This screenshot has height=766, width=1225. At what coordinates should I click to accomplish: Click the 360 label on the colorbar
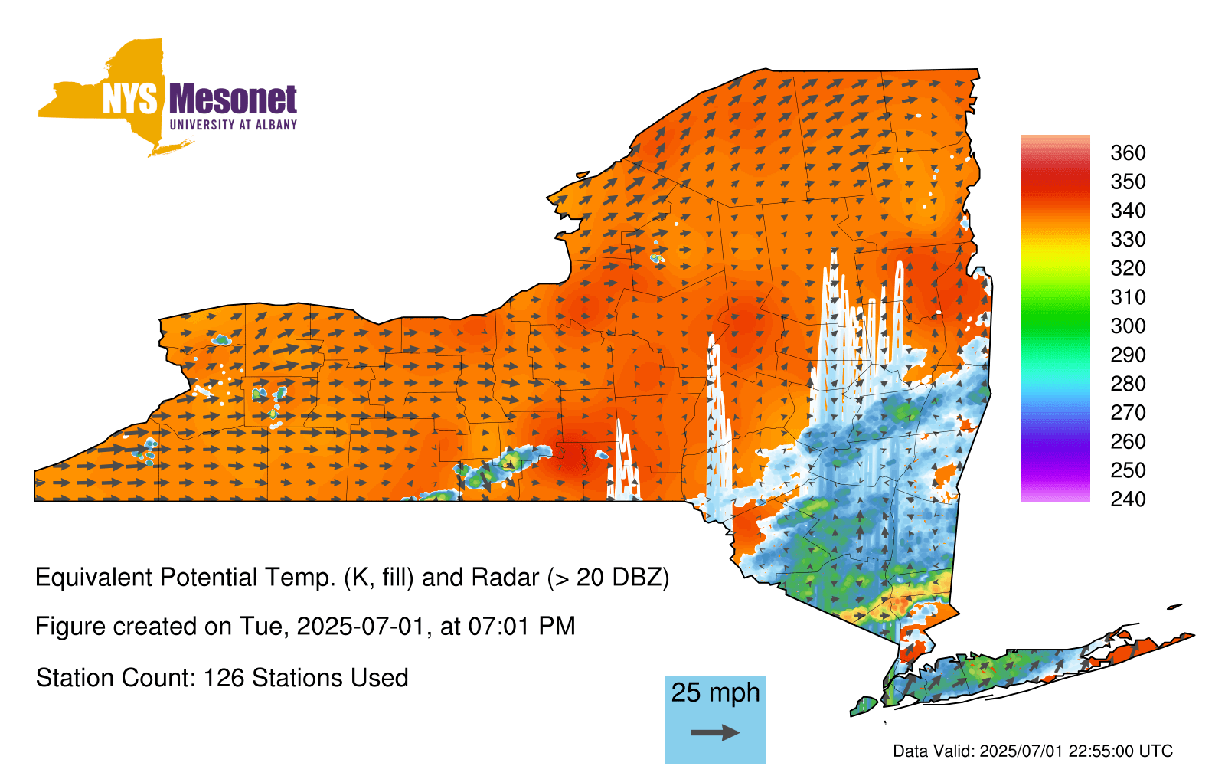coord(1128,152)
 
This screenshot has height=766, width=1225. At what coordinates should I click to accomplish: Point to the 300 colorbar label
coord(1128,326)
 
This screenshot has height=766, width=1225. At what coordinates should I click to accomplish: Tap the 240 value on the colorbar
coord(1128,499)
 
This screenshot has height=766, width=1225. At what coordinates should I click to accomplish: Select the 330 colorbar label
coord(1128,239)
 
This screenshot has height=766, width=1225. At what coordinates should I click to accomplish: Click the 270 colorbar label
coord(1128,413)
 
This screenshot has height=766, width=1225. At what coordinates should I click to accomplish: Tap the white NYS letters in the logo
coord(129,100)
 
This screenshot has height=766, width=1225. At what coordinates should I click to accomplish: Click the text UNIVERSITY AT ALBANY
coord(233,125)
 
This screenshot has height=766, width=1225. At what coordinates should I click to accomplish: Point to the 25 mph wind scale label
coord(715,692)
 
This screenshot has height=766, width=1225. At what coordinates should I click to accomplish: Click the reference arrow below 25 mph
coord(715,732)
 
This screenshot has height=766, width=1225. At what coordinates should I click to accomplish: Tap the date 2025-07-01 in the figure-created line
coord(361,627)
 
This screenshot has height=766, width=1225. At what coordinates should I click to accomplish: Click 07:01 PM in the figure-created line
coord(521,627)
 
